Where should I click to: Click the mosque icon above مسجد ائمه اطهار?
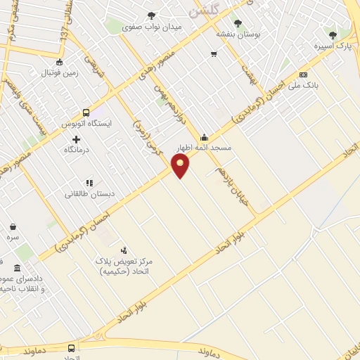tap(204, 137)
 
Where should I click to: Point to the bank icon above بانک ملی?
tap(303, 75)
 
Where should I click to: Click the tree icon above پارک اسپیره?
tap(333, 35)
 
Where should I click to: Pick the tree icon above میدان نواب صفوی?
tap(151, 15)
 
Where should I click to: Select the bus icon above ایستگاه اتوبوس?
tap(86, 112)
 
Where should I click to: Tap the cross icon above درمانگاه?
tap(77, 139)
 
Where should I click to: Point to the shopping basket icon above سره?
tap(13, 227)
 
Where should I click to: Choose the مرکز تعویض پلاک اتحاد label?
tap(127, 266)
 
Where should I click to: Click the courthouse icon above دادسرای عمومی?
tap(17, 268)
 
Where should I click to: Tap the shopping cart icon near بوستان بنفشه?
tap(214, 53)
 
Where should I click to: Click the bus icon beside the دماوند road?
tap(72, 347)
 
